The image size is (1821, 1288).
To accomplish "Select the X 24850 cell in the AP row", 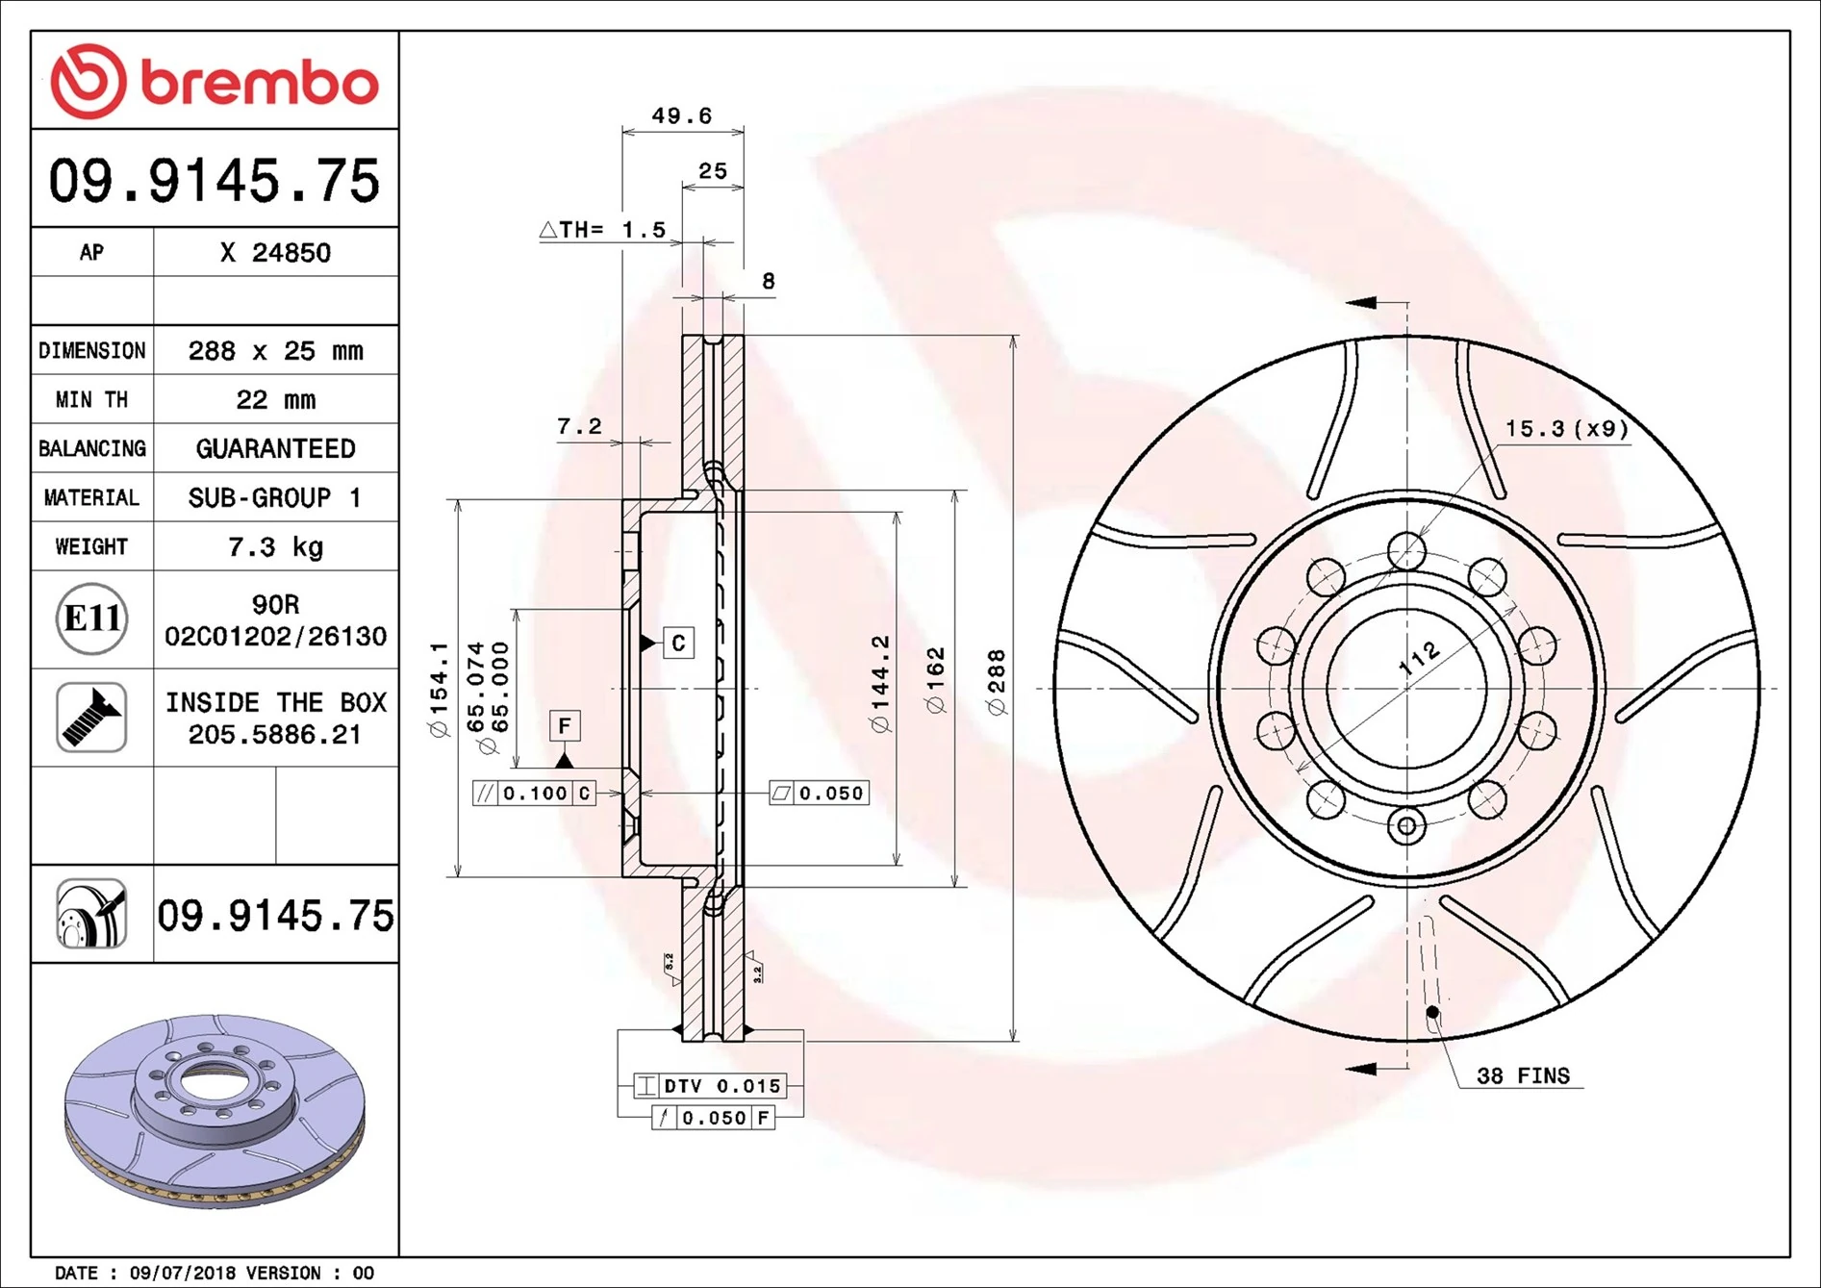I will [x=275, y=253].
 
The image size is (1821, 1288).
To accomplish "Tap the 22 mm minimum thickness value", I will [x=275, y=400].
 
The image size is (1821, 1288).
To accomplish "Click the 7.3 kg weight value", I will [x=275, y=547].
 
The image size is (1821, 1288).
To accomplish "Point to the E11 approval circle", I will [x=91, y=619].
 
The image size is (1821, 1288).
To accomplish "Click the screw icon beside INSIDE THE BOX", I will [x=91, y=718].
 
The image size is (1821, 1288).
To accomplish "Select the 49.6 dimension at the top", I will [x=681, y=116].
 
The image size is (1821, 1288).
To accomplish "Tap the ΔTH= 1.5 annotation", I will [x=603, y=230].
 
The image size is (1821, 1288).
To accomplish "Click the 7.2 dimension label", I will [x=579, y=426].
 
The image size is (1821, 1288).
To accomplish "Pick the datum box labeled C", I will [x=678, y=643].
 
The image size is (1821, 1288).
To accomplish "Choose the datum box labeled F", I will [x=565, y=725].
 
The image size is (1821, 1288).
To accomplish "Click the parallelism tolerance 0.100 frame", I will [x=535, y=794].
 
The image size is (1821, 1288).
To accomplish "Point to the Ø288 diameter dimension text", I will [x=997, y=682].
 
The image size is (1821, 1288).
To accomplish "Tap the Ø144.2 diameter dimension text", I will [x=880, y=684].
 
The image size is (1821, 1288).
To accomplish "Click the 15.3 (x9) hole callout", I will [x=1566, y=429].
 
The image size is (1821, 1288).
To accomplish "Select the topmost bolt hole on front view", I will [x=1406, y=552].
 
